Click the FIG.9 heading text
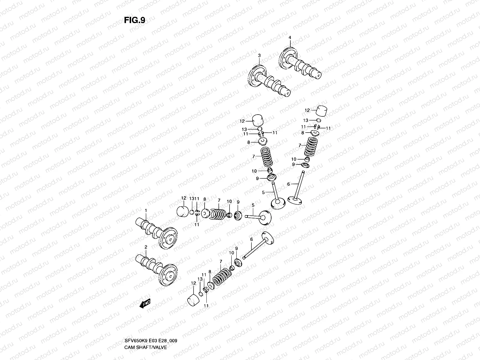[x=135, y=20]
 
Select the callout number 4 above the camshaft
[x=290, y=37]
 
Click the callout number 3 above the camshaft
[x=259, y=55]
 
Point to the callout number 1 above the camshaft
[x=146, y=211]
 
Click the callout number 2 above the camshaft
[x=146, y=247]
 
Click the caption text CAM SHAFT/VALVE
[x=145, y=347]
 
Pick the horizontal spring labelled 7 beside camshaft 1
[x=219, y=214]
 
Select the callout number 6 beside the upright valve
[x=289, y=184]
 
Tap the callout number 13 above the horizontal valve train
[x=191, y=199]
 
